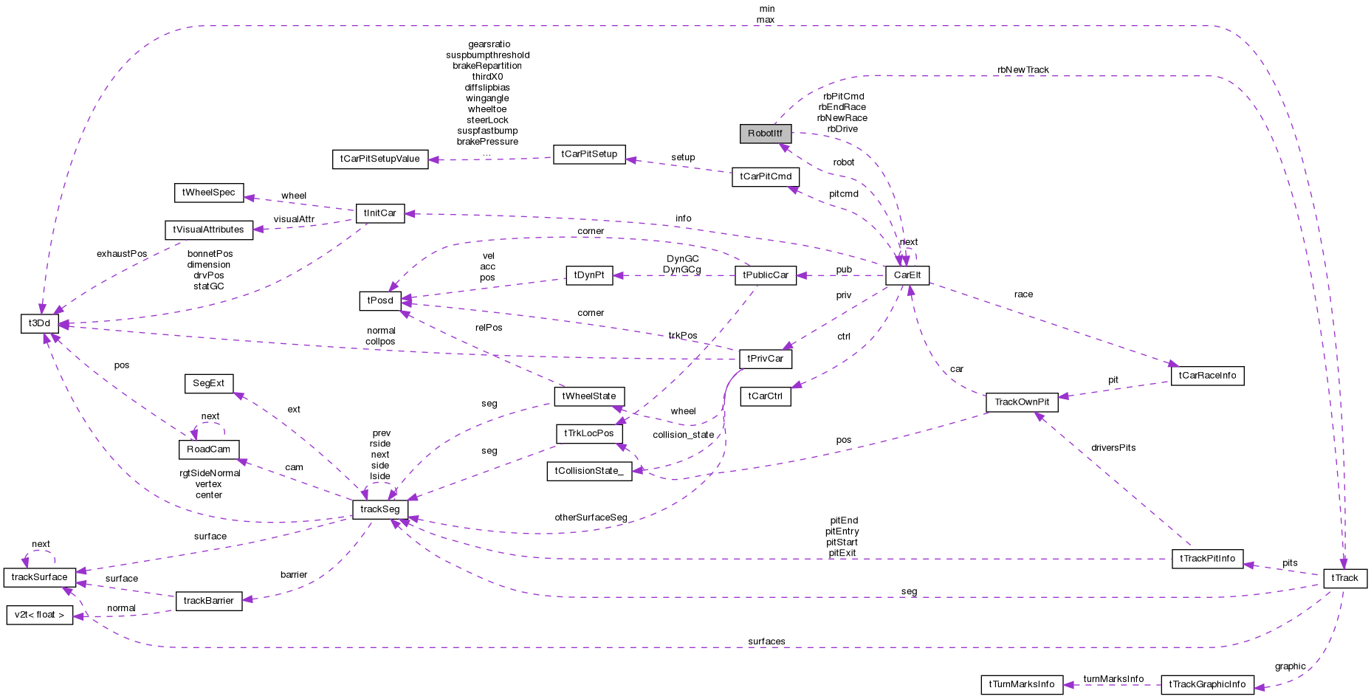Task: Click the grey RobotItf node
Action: pyautogui.click(x=765, y=134)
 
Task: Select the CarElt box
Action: pyautogui.click(x=907, y=275)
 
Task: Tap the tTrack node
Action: pyautogui.click(x=1344, y=578)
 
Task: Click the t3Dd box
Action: pyautogui.click(x=39, y=323)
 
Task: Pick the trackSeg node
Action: pyautogui.click(x=379, y=509)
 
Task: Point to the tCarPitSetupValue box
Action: pyautogui.click(x=379, y=159)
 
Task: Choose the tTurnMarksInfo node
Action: pyautogui.click(x=1021, y=684)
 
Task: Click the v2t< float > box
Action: pyautogui.click(x=39, y=615)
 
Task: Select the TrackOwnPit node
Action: pyautogui.click(x=1021, y=402)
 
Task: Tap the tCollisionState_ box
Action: pyautogui.click(x=588, y=471)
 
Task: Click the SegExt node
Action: pyautogui.click(x=208, y=384)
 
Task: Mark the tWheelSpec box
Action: pyautogui.click(x=208, y=193)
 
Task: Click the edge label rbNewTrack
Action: pyautogui.click(x=1023, y=70)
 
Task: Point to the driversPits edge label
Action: pyautogui.click(x=1113, y=448)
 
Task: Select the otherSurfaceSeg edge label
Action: pyautogui.click(x=591, y=517)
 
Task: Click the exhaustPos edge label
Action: pyautogui.click(x=122, y=254)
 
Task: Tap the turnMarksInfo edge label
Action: pyautogui.click(x=1113, y=679)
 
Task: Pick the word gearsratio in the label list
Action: pyautogui.click(x=489, y=44)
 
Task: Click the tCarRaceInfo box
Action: pyautogui.click(x=1206, y=376)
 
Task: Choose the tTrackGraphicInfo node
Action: pyautogui.click(x=1206, y=684)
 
